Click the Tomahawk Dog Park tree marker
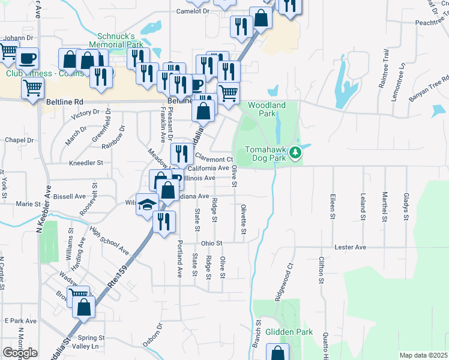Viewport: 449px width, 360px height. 295,154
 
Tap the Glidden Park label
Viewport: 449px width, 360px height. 291,332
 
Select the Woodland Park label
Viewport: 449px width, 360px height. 267,109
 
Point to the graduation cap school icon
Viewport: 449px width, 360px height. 146,205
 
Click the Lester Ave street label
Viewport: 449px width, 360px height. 351,247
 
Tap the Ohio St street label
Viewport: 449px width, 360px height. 211,243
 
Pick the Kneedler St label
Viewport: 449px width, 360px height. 86,163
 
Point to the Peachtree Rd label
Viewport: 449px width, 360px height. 423,22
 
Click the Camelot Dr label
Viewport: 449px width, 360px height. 192,11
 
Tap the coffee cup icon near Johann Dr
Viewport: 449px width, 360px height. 28,59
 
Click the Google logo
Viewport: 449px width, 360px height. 20,353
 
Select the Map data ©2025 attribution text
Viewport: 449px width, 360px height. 423,355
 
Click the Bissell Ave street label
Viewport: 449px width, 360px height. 70,196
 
